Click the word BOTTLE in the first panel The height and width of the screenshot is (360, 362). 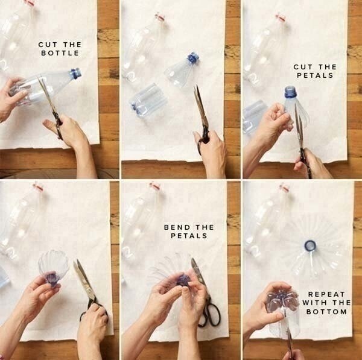pyautogui.click(x=60, y=53)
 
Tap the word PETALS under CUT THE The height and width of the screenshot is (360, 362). pyautogui.click(x=315, y=75)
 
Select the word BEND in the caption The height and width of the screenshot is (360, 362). pyautogui.click(x=178, y=227)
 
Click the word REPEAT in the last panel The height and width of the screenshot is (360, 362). pyautogui.click(x=326, y=294)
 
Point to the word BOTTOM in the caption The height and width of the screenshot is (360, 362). pyautogui.click(x=326, y=312)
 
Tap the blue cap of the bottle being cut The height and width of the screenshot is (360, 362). pyautogui.click(x=76, y=73)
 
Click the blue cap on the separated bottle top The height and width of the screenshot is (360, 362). pyautogui.click(x=193, y=58)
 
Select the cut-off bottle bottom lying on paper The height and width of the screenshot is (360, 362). pyautogui.click(x=148, y=100)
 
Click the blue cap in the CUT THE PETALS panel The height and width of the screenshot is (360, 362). pyautogui.click(x=290, y=92)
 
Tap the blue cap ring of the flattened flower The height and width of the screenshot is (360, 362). pyautogui.click(x=310, y=245)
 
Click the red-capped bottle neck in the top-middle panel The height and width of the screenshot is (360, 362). pyautogui.click(x=160, y=17)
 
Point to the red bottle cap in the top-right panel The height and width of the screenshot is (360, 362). pyautogui.click(x=281, y=17)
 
